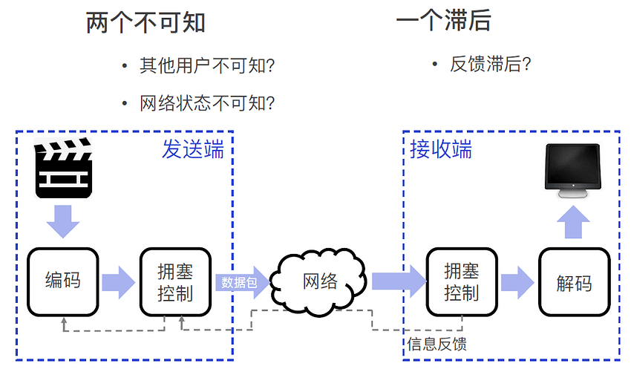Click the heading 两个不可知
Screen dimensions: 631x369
pyautogui.click(x=146, y=22)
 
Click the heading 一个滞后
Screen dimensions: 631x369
pyautogui.click(x=443, y=20)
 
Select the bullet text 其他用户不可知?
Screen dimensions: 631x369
pyautogui.click(x=207, y=65)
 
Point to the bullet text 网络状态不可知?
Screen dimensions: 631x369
pyautogui.click(x=207, y=103)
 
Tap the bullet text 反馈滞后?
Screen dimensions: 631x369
pyautogui.click(x=491, y=64)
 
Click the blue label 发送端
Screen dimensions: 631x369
pyautogui.click(x=193, y=149)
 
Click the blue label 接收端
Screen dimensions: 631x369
pyautogui.click(x=441, y=149)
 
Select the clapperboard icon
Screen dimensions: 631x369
pyautogui.click(x=63, y=168)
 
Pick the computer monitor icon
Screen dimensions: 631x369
pyautogui.click(x=572, y=171)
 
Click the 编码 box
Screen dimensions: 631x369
pyautogui.click(x=63, y=281)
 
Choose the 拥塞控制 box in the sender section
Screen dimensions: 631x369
pyautogui.click(x=175, y=281)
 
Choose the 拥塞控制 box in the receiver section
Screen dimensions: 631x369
pyautogui.click(x=462, y=281)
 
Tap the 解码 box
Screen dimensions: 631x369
pyautogui.click(x=575, y=281)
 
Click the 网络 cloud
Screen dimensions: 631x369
pyautogui.click(x=318, y=281)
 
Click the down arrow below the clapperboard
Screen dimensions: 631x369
pyautogui.click(x=63, y=221)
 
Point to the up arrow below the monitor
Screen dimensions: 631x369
pyautogui.click(x=573, y=222)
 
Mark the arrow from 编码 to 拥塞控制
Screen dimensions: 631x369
pyautogui.click(x=119, y=282)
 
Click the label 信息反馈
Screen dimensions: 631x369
pyautogui.click(x=437, y=344)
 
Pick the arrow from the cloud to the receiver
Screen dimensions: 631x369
pyautogui.click(x=399, y=281)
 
